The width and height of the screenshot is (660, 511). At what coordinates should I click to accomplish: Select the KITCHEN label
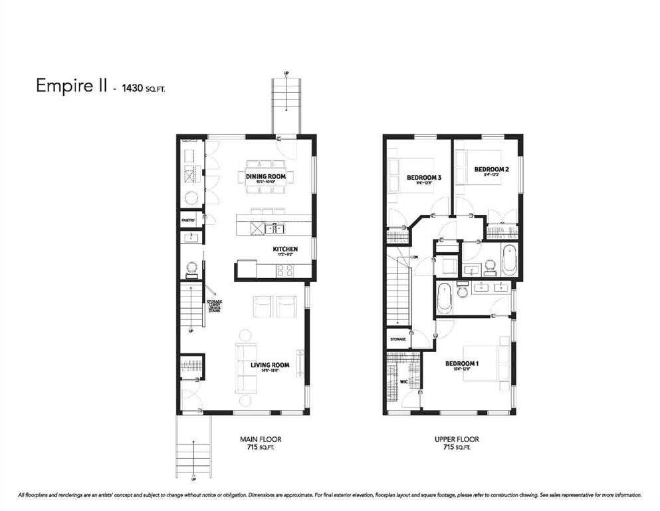point(284,250)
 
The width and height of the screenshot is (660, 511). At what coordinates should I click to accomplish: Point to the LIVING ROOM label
point(273,365)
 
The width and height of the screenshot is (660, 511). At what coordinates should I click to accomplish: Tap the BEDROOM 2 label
point(491,170)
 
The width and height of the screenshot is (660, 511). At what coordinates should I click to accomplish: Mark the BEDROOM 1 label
point(462,363)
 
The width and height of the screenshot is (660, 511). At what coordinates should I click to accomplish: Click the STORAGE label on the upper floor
point(398,339)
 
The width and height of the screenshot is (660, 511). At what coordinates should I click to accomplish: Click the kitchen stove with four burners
point(285,270)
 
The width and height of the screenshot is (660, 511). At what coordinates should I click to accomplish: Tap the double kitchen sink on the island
point(273,229)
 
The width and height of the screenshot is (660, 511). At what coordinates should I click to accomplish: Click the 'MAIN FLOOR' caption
point(258,439)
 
